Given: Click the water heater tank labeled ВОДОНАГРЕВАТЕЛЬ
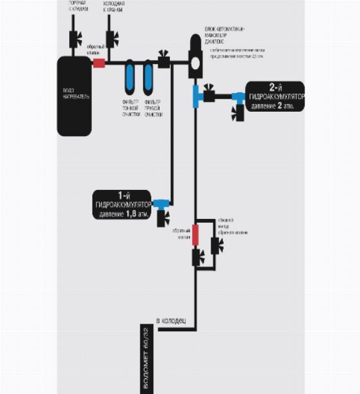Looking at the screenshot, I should coord(74,95).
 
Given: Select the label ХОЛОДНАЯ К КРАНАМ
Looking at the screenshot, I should coord(114,8).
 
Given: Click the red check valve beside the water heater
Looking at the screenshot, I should coord(99,63).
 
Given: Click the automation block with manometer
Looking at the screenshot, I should coord(195,57).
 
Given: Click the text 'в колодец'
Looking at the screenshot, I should coord(171,320).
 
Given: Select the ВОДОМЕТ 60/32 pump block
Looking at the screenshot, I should coord(143,360).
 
